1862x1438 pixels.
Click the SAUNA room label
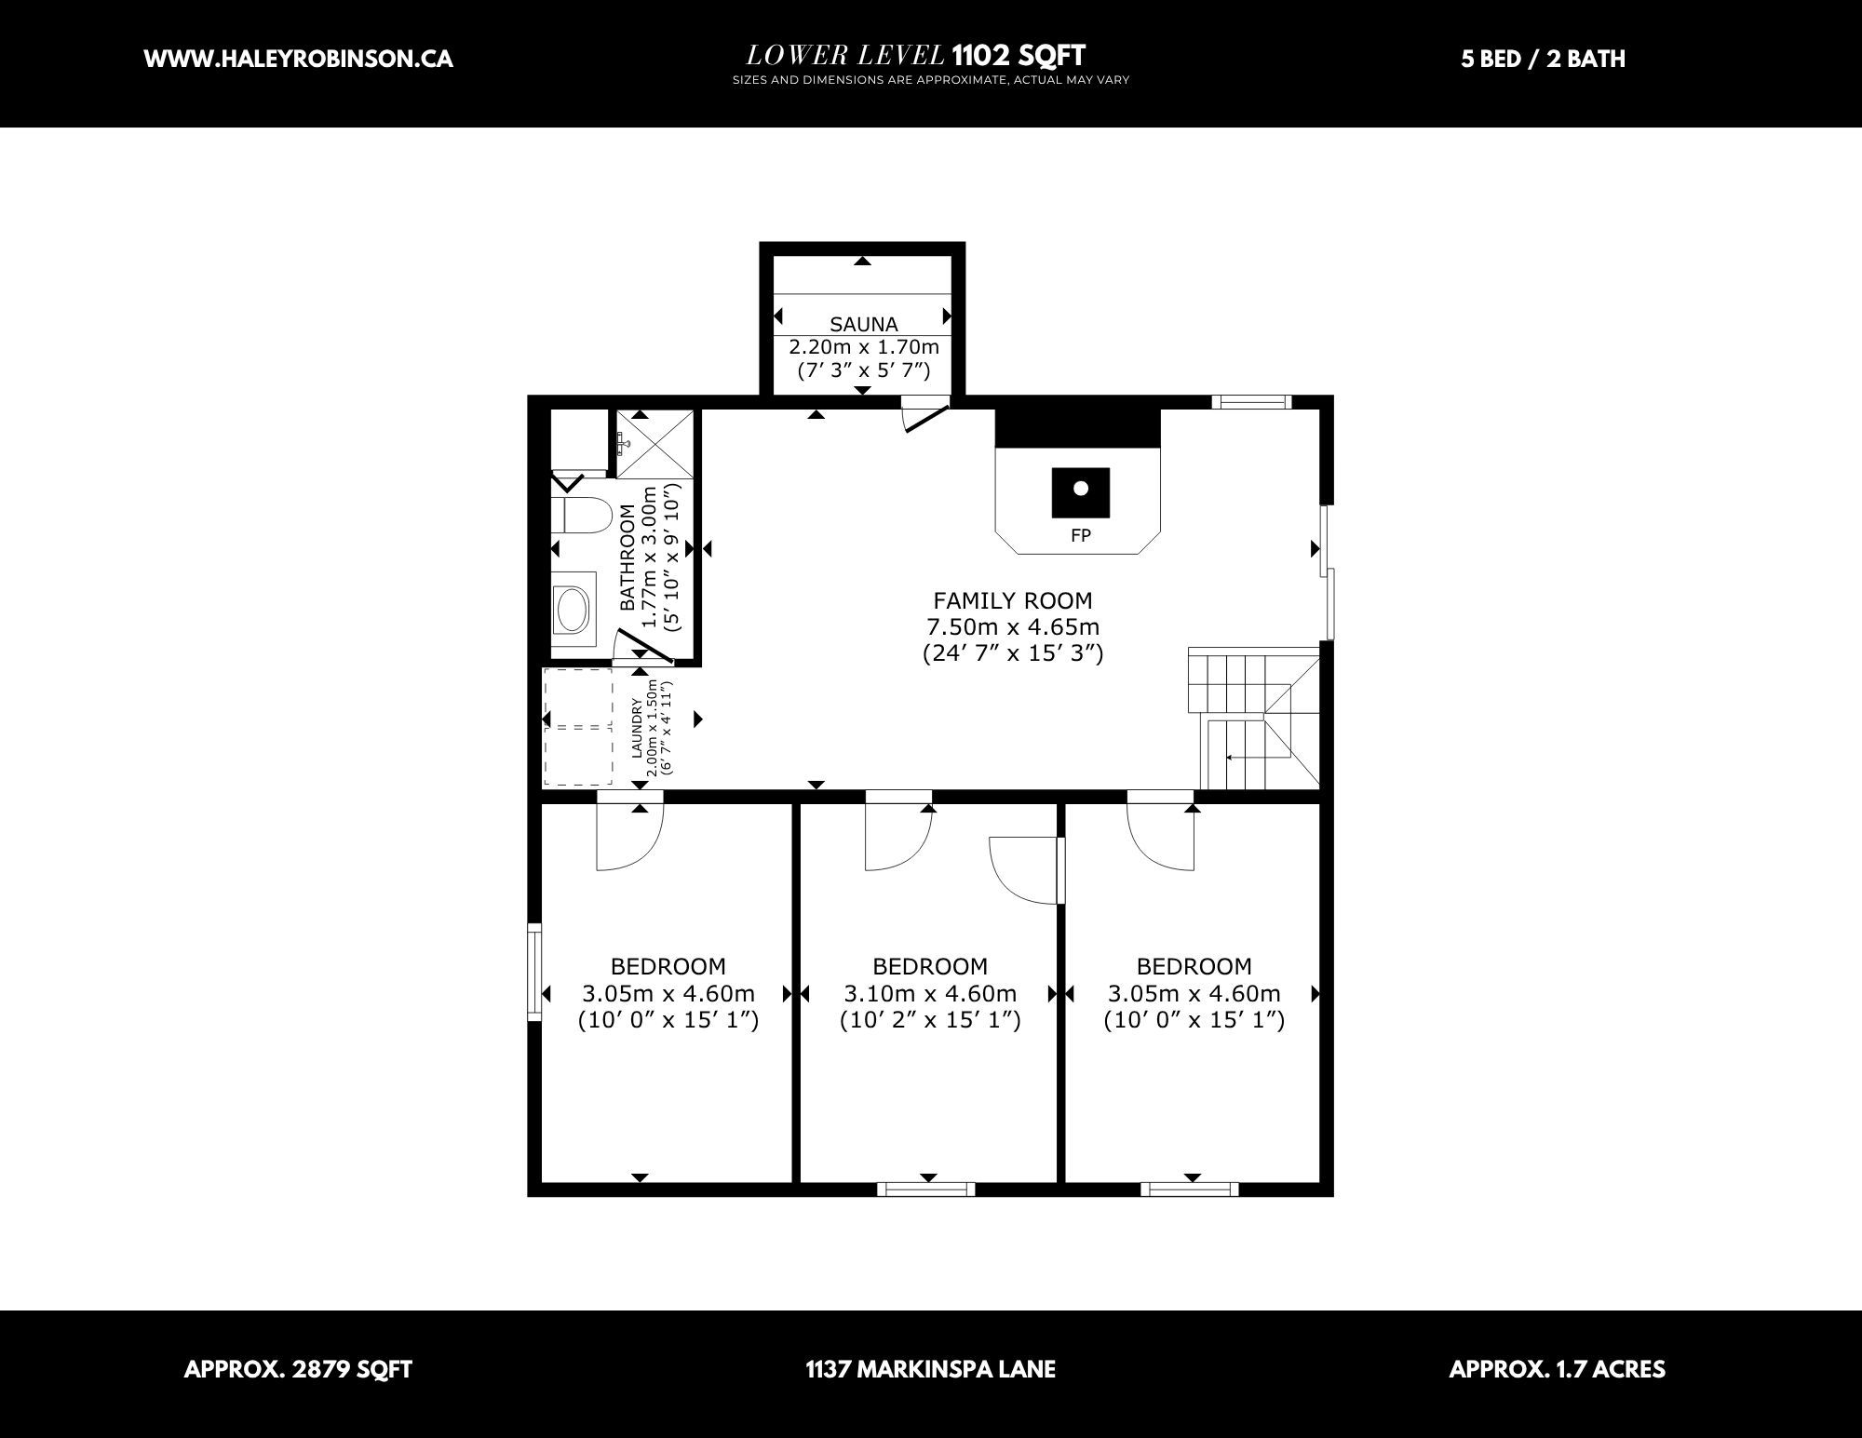(864, 324)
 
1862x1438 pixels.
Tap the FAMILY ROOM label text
(1013, 600)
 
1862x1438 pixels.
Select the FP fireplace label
(1081, 536)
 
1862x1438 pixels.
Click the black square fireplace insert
(1081, 492)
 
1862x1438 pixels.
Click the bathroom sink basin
(571, 610)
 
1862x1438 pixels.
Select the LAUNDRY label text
(638, 728)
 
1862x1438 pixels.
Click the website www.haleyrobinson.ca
(299, 59)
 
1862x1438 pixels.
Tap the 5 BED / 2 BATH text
(1544, 59)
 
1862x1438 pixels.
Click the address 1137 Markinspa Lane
(930, 1369)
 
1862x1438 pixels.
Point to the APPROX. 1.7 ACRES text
(1557, 1369)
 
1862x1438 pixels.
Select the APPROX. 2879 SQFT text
(298, 1369)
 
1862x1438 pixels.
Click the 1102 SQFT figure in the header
(1019, 56)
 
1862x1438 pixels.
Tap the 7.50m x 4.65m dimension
(1013, 626)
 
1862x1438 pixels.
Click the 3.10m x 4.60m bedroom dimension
(930, 993)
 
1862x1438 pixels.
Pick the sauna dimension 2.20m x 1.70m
(864, 347)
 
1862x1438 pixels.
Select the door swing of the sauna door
(926, 418)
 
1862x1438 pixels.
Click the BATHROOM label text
(627, 558)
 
